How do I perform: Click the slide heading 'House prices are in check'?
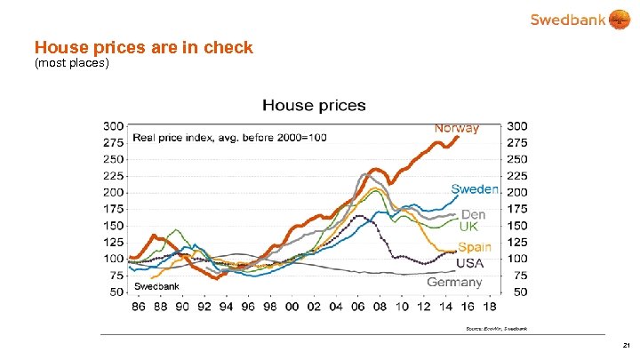point(143,47)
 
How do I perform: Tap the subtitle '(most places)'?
point(71,64)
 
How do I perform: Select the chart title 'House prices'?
point(314,105)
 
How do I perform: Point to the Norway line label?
point(456,128)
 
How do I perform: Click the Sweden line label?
point(475,188)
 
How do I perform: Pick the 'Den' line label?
point(473,214)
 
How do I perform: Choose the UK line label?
point(468,227)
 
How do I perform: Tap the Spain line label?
point(476,247)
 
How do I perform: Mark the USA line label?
point(470,264)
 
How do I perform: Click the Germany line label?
point(454,282)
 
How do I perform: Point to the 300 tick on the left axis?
point(114,125)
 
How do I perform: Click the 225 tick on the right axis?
point(519,175)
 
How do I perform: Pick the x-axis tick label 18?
point(490,307)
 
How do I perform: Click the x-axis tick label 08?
point(380,307)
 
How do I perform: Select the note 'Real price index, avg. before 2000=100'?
point(229,137)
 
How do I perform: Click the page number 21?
point(626,346)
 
